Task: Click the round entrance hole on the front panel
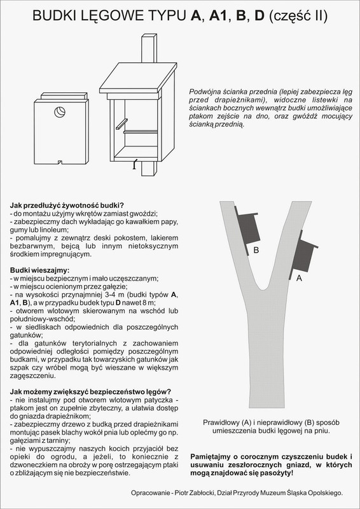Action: (x=60, y=112)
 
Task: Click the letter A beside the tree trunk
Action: (x=298, y=278)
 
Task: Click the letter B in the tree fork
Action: (x=256, y=251)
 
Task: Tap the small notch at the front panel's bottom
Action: (x=59, y=161)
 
